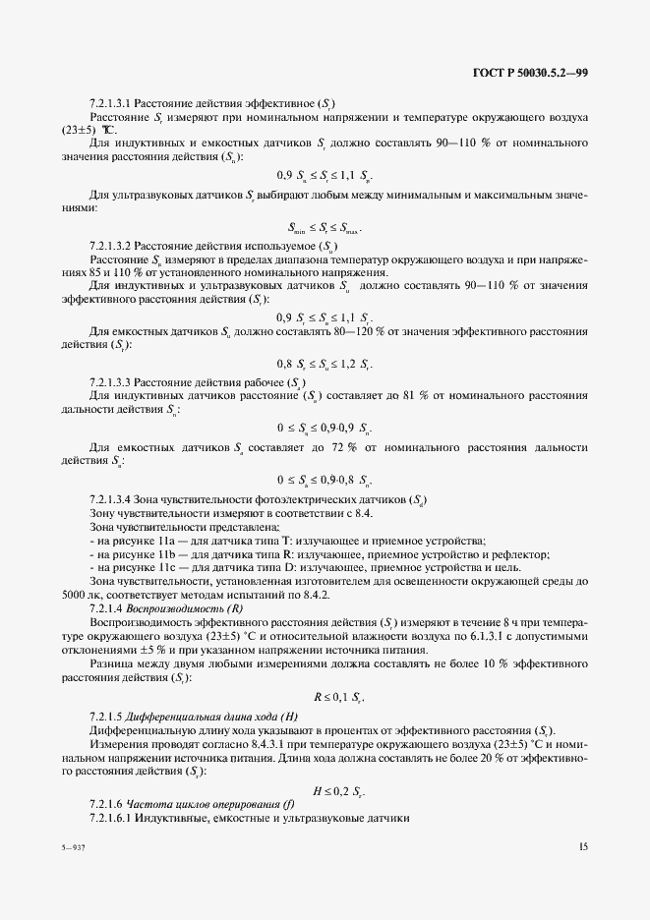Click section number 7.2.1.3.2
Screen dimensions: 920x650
(x=110, y=245)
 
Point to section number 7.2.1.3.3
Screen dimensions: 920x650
(x=110, y=380)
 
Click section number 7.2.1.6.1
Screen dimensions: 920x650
(x=110, y=819)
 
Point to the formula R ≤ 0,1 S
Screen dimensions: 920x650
(x=339, y=697)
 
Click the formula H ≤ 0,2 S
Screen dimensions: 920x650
(x=339, y=790)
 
